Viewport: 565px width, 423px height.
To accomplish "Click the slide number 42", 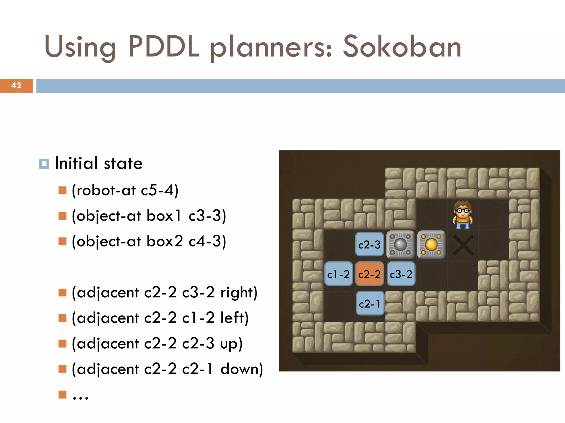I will pos(16,86).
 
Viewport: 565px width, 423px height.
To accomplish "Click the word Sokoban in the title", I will pos(402,47).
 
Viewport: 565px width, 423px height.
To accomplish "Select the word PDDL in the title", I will pos(163,47).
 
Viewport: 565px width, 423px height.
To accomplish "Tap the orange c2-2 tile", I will pos(369,274).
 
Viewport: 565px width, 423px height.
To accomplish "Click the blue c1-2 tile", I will pos(339,274).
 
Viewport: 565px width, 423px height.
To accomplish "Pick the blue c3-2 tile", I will pos(401,274).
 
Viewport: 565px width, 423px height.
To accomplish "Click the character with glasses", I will pos(462,215).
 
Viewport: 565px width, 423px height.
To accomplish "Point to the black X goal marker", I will pos(463,245).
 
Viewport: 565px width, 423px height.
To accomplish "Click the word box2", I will pos(164,241).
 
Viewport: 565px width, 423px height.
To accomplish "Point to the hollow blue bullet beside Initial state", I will pos(44,164).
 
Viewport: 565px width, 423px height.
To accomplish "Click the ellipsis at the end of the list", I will pos(80,397).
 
